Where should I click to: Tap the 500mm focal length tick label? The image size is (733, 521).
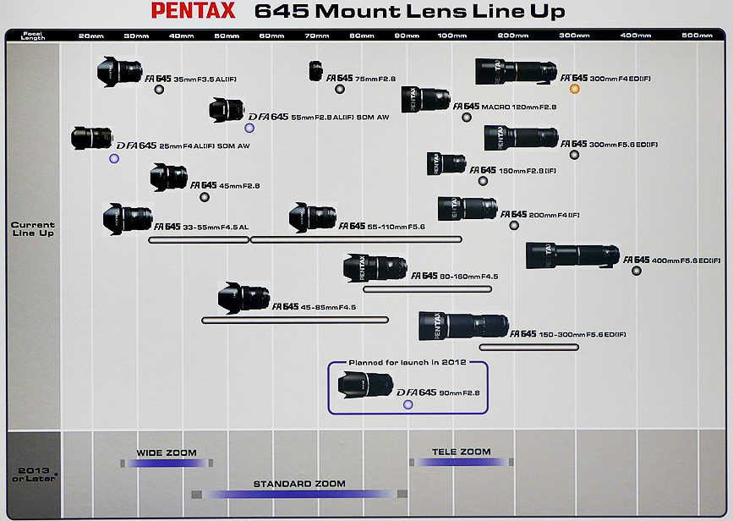pos(697,35)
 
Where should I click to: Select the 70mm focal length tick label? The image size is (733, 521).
pos(317,35)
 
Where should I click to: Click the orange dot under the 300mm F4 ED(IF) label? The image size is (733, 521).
pos(575,89)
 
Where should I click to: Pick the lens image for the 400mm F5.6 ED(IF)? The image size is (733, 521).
pos(572,256)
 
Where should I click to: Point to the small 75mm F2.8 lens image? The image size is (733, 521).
pos(315,70)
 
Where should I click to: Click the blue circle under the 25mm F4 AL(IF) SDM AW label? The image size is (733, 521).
pos(114,158)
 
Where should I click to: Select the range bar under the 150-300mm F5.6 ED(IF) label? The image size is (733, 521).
pos(529,347)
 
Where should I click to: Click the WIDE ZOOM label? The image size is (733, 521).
pos(167,452)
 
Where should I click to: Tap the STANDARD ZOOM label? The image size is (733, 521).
pos(299,484)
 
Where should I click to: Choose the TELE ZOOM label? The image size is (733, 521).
pos(462,452)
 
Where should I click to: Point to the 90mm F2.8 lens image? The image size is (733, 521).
pos(365,386)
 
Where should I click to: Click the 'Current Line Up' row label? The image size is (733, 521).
pos(33,229)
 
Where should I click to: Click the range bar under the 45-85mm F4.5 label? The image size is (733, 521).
pos(294,320)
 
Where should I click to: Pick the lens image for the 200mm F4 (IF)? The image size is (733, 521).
pos(468,208)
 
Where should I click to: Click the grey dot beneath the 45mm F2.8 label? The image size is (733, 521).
pos(204,197)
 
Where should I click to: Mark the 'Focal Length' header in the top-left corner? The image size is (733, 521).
pos(33,36)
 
